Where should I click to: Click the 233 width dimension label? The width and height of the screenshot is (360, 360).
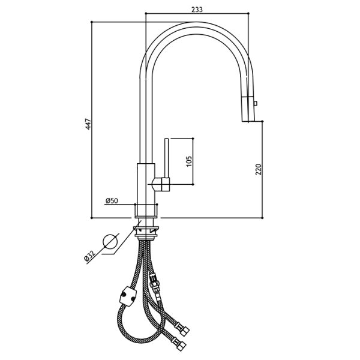[x=197, y=10]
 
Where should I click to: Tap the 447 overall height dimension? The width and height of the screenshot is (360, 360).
[x=88, y=124]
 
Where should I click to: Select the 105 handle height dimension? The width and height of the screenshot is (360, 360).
[x=189, y=161]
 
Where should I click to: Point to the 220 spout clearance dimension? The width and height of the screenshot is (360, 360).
[x=259, y=169]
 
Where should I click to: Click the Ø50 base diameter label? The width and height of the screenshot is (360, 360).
[x=112, y=201]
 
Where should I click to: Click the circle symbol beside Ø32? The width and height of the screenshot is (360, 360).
[x=110, y=242]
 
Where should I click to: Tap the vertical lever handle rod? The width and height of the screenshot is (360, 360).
[x=167, y=158]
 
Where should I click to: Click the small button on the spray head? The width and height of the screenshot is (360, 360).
[x=256, y=103]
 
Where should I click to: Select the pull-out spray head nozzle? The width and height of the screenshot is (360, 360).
[x=248, y=109]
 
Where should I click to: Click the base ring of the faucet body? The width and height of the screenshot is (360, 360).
[x=146, y=211]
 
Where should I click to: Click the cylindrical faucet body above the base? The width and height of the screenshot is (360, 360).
[x=146, y=184]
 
